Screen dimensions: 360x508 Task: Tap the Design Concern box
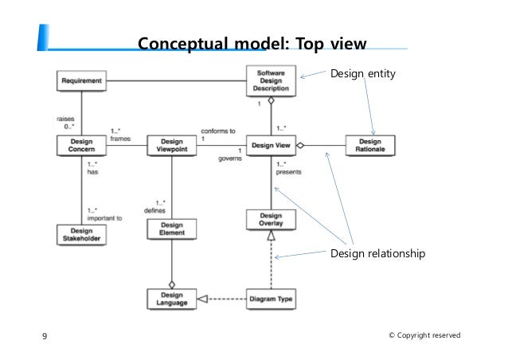[81, 146]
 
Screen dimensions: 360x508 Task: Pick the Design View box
[271, 146]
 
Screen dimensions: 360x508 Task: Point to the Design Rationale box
[369, 146]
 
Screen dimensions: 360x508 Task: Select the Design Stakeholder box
[81, 234]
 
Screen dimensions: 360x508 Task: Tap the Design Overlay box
[271, 220]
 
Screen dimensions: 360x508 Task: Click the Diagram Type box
[271, 299]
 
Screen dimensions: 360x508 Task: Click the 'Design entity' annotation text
[362, 73]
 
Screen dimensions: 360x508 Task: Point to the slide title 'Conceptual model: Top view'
[246, 42]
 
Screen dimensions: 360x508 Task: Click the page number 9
[44, 336]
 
